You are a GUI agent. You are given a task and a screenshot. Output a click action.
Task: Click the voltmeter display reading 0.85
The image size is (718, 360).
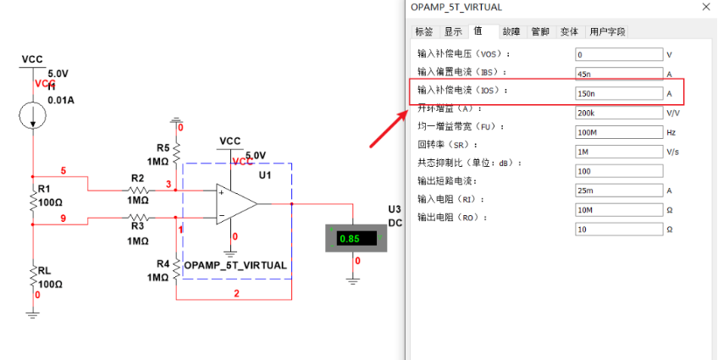pos(350,239)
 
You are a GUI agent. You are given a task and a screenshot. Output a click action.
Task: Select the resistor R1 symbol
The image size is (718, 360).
pos(33,202)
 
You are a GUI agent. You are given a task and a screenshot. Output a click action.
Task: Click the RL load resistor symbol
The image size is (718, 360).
pos(33,275)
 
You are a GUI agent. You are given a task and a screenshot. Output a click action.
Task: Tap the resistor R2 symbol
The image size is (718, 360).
pos(137,191)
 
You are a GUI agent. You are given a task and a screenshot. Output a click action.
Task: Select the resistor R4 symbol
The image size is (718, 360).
pos(176,270)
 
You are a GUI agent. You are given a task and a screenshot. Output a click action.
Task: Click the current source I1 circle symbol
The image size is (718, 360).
pos(33,117)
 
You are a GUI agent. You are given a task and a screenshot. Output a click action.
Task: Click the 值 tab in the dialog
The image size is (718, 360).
pos(479,31)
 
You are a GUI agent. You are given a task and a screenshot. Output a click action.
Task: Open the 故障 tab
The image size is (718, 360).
pos(511,32)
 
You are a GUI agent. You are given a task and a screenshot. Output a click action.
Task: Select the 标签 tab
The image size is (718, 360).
pos(423,32)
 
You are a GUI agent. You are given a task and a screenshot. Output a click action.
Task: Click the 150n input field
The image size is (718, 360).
pos(617,91)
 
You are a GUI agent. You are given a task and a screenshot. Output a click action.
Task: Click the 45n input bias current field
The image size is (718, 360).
pos(617,73)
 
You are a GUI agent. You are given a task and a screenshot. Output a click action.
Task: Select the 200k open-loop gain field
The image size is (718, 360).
pos(617,113)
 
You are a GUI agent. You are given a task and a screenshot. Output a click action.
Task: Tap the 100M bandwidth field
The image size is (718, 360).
pos(617,132)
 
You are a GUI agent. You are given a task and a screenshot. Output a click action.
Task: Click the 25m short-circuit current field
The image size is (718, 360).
pos(617,191)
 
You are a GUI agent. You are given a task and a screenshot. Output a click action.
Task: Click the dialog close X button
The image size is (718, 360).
pos(706,7)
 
